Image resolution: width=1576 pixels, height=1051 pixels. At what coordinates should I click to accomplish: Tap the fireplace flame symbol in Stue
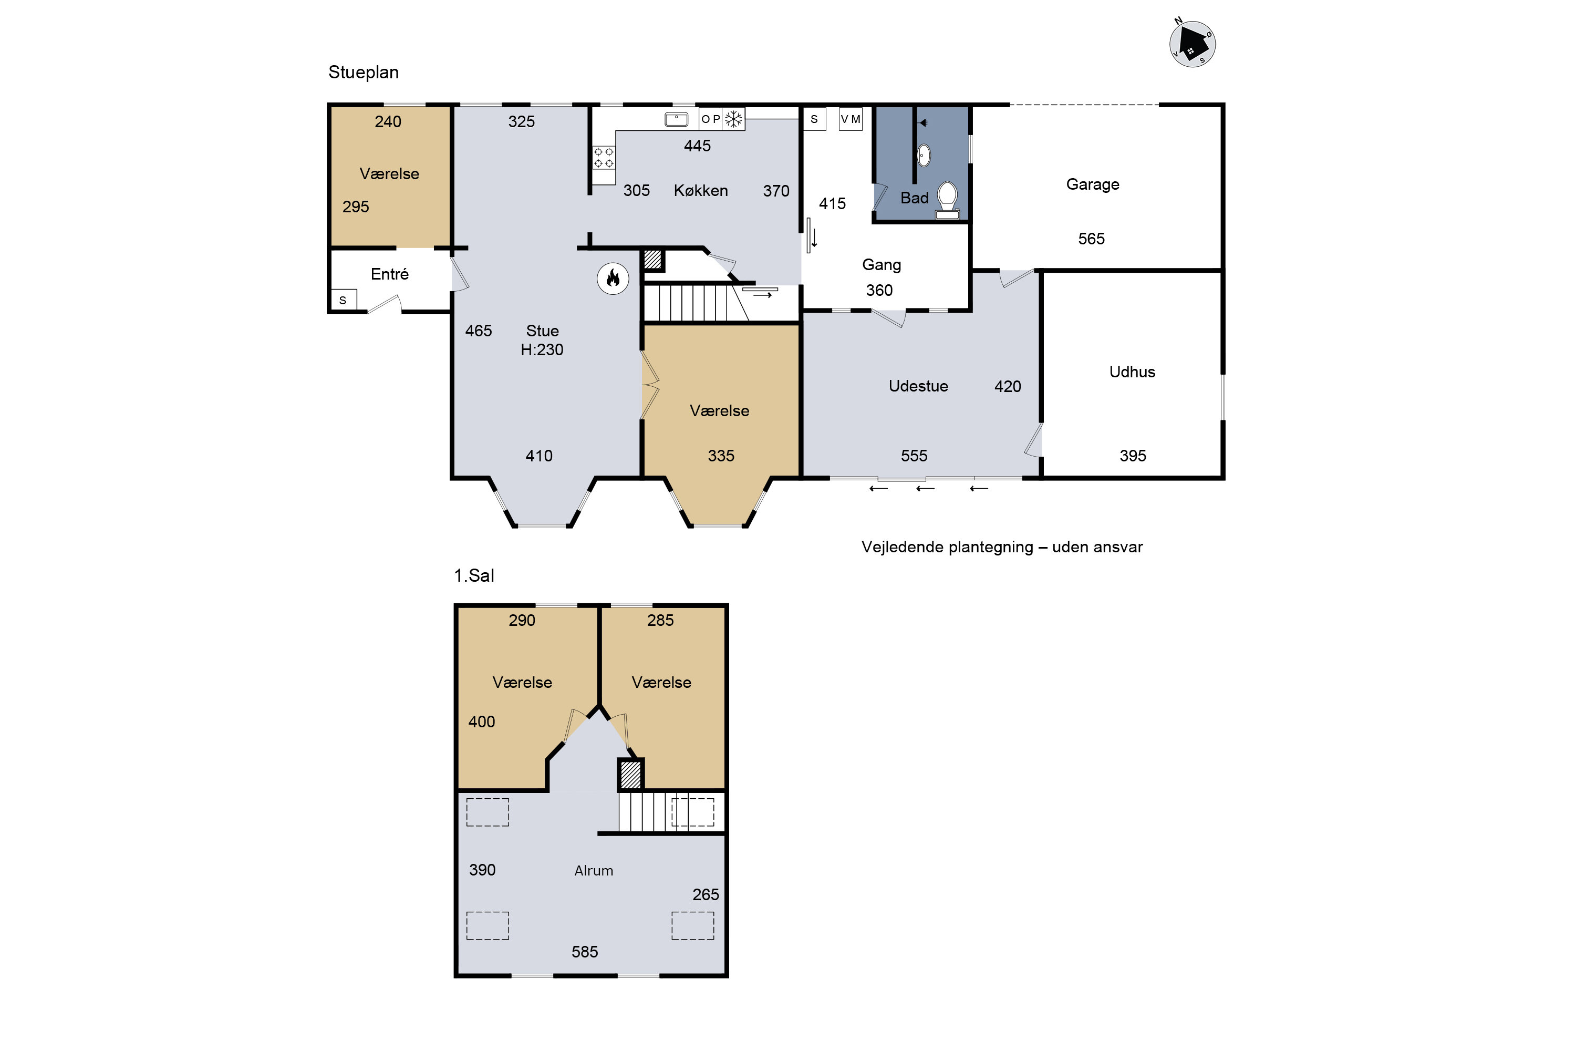pos(613,278)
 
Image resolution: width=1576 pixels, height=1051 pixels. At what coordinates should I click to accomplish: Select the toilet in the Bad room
pos(947,200)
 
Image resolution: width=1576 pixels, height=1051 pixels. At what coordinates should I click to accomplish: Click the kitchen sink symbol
pos(676,119)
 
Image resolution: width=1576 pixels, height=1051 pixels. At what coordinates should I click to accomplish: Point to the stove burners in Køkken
pos(603,158)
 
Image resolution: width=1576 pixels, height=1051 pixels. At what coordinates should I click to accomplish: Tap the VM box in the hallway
pos(851,119)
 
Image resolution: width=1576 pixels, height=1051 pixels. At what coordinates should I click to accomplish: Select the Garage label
pos(1092,184)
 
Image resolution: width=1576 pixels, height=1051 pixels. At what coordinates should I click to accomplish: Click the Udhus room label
pos(1132,372)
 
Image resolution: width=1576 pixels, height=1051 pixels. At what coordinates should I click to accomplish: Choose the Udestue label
pos(918,386)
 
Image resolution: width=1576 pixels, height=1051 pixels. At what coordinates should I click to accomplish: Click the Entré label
pos(389,274)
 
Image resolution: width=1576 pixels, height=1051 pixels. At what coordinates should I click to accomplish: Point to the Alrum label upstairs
pos(594,871)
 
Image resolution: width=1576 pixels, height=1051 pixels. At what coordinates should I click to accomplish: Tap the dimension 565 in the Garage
pos(1091,239)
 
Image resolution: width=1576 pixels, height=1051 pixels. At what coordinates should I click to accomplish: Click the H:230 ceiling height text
pos(542,349)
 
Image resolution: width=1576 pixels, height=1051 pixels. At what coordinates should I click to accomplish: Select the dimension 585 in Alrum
pos(584,952)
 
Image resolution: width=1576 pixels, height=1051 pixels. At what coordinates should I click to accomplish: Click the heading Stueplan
pos(363,73)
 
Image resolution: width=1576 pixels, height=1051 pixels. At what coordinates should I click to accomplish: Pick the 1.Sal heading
pos(474,576)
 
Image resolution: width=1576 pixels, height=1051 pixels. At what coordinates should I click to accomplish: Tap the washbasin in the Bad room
pos(924,155)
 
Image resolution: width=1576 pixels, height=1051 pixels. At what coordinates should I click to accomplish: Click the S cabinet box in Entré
pos(343,300)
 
